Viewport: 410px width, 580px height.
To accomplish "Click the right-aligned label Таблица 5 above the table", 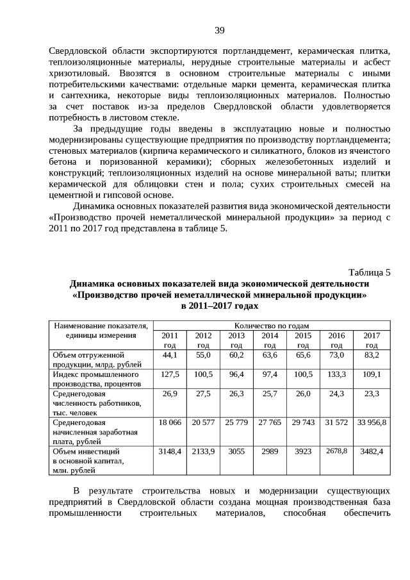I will [369, 272].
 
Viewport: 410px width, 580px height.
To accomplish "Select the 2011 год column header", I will [170, 340].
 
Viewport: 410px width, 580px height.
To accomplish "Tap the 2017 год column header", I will [372, 340].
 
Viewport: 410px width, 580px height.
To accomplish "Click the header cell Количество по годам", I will [272, 326].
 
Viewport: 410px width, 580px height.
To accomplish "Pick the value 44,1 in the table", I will [170, 354].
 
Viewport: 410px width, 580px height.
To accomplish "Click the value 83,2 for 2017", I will [372, 354].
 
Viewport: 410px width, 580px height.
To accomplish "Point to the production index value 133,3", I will [336, 373].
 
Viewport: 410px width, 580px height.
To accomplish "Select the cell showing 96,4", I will [236, 373].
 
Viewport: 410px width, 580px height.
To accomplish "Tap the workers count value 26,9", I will [170, 393].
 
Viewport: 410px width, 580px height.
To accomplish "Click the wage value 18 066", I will [170, 422].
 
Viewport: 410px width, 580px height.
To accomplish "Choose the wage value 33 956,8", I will [372, 422].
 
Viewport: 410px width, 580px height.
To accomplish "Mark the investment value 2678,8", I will [336, 451].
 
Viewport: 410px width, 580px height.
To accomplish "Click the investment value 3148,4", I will [170, 451].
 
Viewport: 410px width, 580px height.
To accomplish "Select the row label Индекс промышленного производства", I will [95, 378].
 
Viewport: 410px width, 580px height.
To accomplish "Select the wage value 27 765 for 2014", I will [270, 422].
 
